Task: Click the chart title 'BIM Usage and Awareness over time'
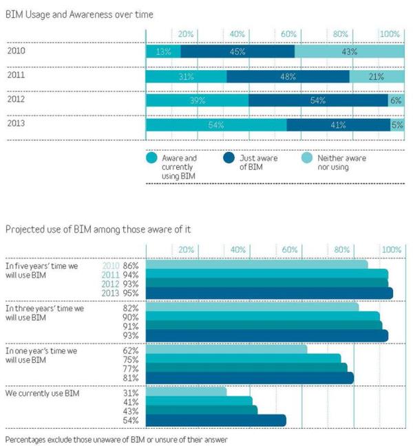(79, 14)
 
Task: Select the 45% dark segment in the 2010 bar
(237, 52)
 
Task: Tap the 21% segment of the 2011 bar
(376, 76)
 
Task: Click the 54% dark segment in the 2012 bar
(318, 100)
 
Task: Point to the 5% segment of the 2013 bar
(397, 125)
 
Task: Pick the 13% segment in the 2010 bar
(163, 52)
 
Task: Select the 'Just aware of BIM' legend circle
(229, 159)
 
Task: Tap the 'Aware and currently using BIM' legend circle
(152, 159)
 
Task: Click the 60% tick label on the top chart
(288, 34)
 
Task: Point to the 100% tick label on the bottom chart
(391, 249)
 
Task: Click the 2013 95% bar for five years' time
(269, 293)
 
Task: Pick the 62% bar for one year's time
(226, 349)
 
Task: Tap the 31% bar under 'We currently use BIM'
(186, 392)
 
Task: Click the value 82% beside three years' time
(131, 309)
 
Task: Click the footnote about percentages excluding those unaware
(116, 438)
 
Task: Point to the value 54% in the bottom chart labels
(131, 421)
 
